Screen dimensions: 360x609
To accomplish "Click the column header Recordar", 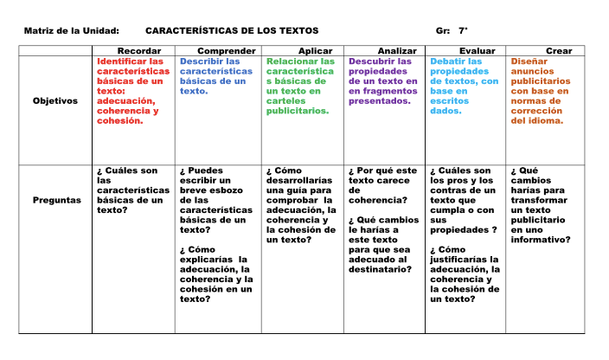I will pos(138,52).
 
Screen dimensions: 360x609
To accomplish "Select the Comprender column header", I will pos(225,52).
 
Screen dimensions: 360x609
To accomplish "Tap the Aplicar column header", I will pos(315,52).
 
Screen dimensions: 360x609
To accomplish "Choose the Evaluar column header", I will pos(478,52).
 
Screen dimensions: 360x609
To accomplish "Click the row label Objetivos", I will pos(55,100).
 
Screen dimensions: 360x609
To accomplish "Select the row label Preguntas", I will pos(57,200).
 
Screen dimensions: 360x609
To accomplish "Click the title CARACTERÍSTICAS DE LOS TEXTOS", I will pos(232,31).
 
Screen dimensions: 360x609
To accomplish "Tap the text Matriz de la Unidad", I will pos(71,31).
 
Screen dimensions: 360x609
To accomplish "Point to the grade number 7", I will pos(462,31).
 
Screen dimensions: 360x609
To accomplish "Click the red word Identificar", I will pos(119,62).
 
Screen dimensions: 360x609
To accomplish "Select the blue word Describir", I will pos(201,62).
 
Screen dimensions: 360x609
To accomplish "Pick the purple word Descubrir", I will pos(370,62).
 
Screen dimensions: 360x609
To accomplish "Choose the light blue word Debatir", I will pos(448,62).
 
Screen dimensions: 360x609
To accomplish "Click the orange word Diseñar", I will pos(529,62).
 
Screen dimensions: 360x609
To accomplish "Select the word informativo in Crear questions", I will pos(540,240).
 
